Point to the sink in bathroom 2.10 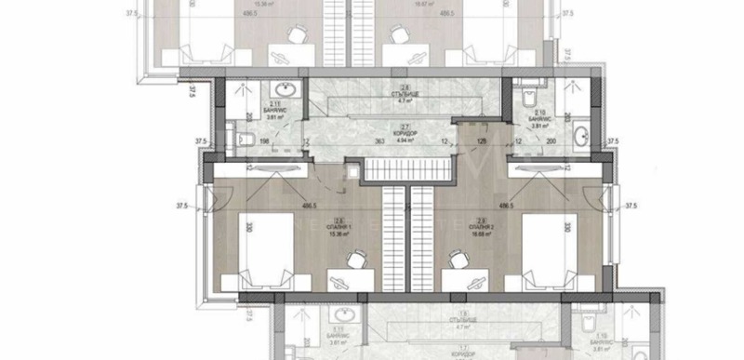[x=579, y=139]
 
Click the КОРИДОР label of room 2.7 [x=405, y=135]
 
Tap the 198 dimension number [x=264, y=142]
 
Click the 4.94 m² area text [x=405, y=141]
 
